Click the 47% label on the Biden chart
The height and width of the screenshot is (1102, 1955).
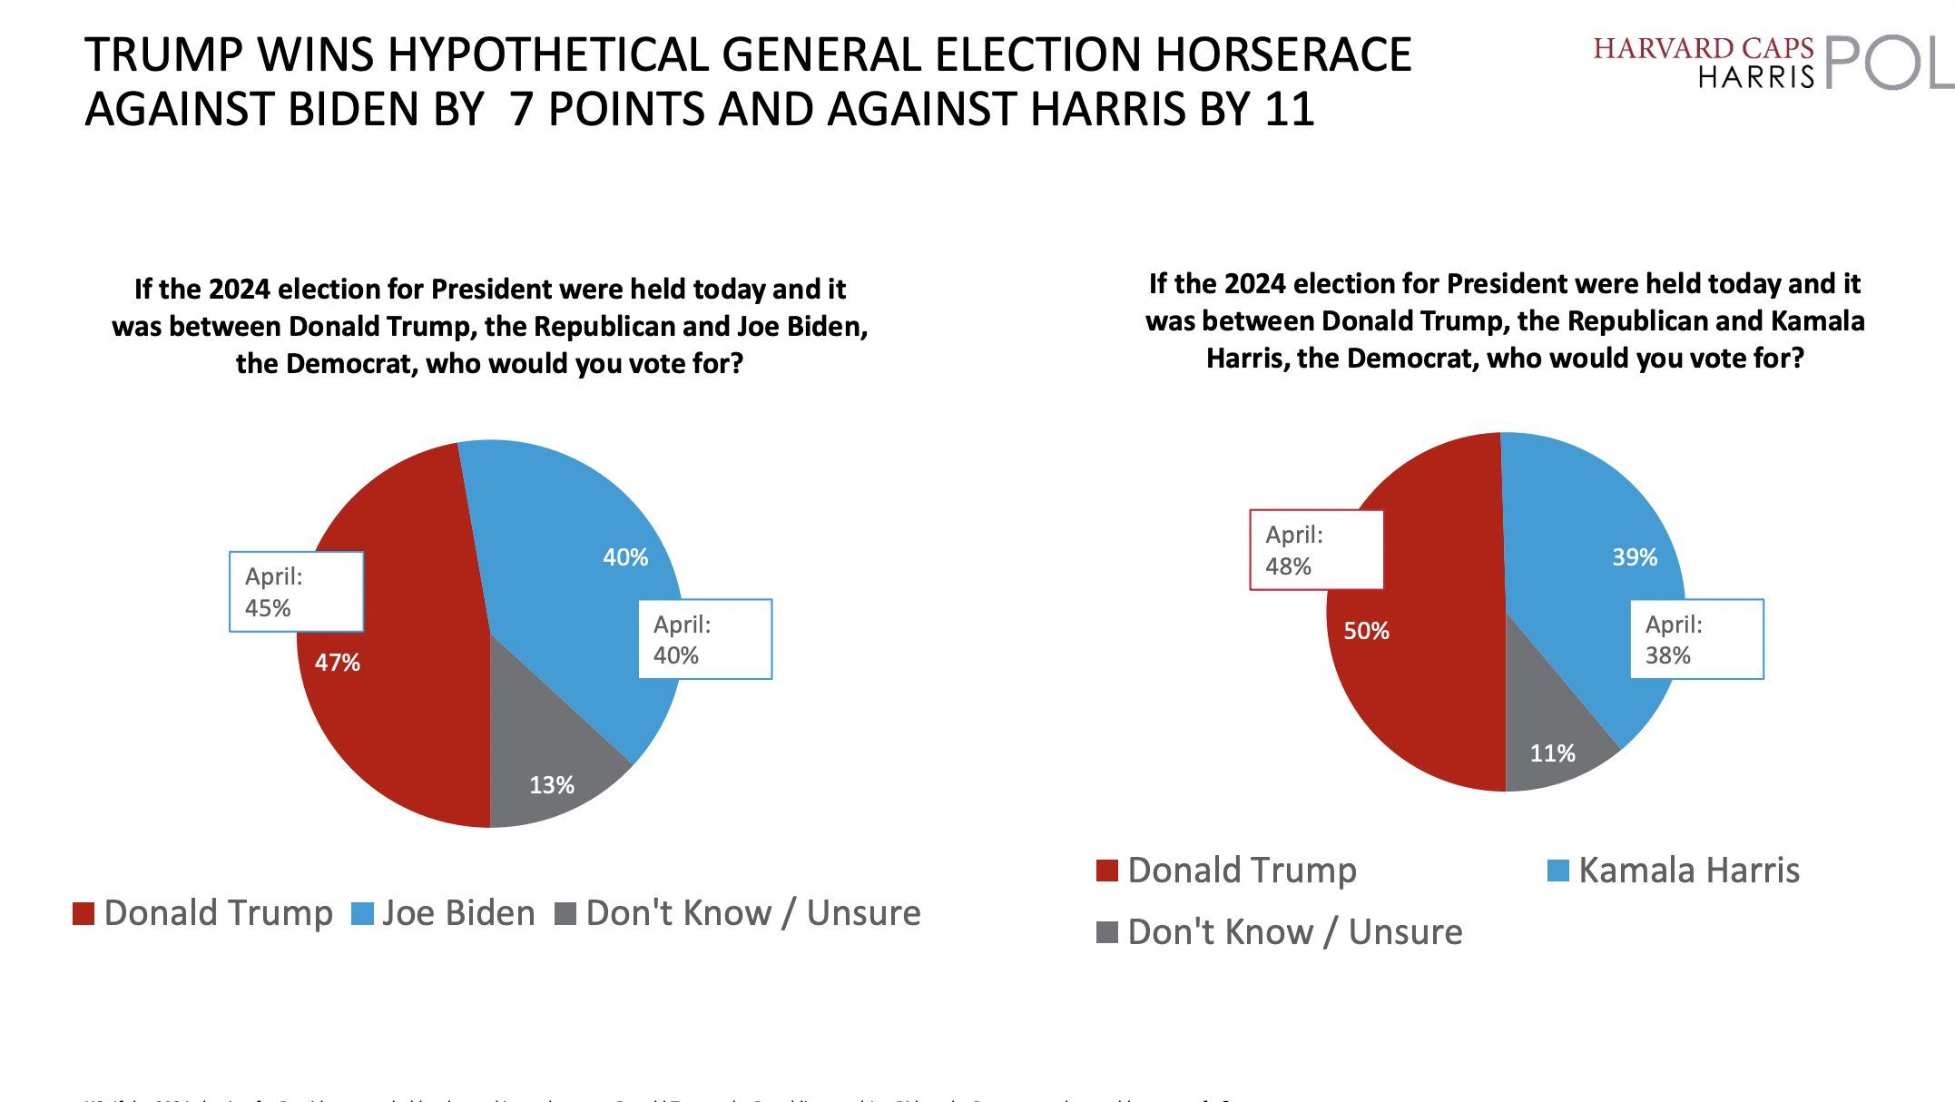point(338,663)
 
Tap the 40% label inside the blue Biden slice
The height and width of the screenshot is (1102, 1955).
point(625,557)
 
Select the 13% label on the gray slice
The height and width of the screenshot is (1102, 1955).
point(552,785)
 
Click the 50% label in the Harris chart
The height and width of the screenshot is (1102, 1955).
point(1366,631)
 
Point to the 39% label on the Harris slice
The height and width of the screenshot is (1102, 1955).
point(1634,557)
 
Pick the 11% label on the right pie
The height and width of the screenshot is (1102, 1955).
point(1552,753)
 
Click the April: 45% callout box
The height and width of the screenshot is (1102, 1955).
point(296,592)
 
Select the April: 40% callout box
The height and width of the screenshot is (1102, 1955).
point(704,639)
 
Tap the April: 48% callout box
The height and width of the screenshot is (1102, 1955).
point(1316,550)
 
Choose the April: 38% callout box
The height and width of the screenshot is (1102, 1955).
point(1695,639)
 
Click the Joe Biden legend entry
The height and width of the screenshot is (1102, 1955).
point(444,913)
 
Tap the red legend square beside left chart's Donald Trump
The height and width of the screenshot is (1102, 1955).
point(84,913)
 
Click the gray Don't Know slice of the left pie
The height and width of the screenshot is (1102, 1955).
point(545,744)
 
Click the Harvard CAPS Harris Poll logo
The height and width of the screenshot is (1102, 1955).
point(1770,62)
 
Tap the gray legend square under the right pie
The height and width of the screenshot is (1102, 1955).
point(1107,932)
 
